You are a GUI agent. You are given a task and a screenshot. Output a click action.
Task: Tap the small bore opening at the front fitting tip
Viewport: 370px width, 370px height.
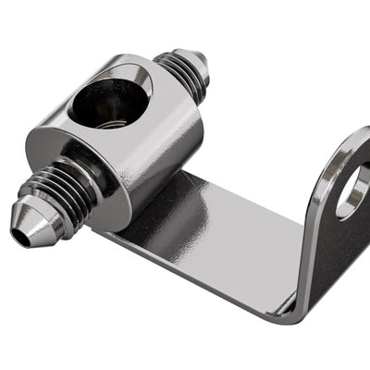pos(19,236)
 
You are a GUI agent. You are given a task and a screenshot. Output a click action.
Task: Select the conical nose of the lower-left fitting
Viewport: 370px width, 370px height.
pos(33,223)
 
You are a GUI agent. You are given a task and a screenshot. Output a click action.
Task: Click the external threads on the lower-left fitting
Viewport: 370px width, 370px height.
pos(70,190)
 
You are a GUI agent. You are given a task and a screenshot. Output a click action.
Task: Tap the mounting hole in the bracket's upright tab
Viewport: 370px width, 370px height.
pos(352,190)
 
